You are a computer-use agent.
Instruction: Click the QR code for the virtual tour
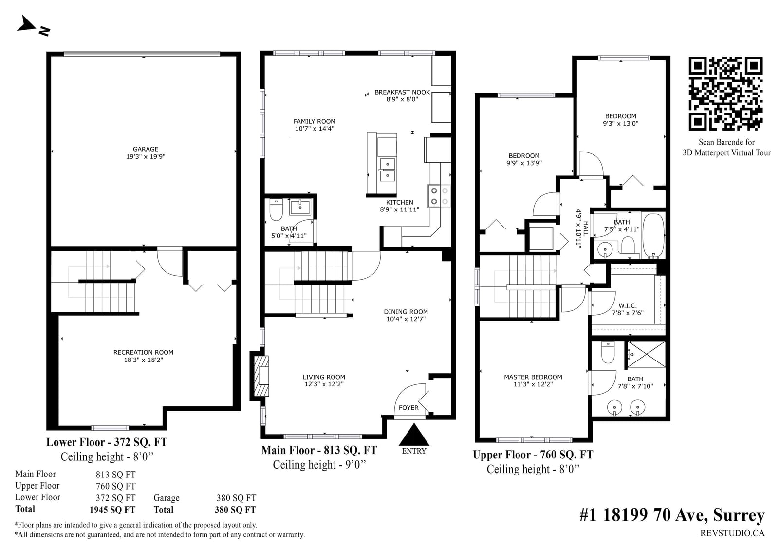725,94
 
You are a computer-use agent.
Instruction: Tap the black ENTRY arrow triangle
413,435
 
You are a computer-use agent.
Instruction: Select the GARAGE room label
146,149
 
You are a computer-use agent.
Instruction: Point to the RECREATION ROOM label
143,352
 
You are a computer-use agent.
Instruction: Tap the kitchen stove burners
439,196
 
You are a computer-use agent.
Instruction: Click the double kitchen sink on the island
387,170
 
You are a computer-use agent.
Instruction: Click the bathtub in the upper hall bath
653,236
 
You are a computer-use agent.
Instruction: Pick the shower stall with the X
646,354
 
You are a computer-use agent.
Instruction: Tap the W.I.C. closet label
628,305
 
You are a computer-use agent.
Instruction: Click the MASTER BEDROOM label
533,377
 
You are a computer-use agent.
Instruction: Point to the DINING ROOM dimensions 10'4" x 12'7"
406,319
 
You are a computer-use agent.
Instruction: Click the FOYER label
408,408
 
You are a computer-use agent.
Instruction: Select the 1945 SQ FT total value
112,510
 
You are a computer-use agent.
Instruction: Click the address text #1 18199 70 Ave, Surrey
672,515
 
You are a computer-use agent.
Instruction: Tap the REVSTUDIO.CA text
732,533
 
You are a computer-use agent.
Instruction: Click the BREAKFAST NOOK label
402,92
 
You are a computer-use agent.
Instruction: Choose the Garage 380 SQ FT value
236,498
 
